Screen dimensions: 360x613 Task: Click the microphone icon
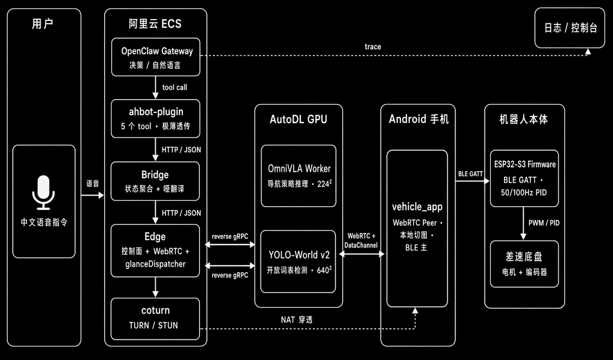(44, 192)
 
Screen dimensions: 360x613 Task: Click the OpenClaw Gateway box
(155, 57)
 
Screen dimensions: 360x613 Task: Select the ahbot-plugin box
(155, 119)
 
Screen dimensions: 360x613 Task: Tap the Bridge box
(155, 181)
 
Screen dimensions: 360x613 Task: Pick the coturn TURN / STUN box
(155, 318)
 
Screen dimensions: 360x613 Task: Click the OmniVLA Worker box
(299, 176)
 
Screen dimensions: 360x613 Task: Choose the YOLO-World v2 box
(299, 262)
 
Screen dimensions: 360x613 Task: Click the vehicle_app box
(417, 228)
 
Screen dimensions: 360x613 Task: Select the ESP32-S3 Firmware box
(524, 178)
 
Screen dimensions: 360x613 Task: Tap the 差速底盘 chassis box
(524, 264)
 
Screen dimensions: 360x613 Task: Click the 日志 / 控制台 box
(570, 28)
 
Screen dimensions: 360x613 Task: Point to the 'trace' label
(372, 47)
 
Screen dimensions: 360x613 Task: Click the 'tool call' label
(175, 87)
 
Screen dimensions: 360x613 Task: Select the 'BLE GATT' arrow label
(470, 174)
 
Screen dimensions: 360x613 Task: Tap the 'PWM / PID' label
(544, 223)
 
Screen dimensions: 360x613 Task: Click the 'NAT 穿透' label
(297, 320)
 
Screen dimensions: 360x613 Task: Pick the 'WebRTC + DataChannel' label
(361, 241)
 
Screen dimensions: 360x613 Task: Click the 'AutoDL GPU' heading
(299, 119)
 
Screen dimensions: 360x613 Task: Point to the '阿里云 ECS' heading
(155, 24)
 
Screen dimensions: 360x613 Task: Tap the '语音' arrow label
(92, 184)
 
